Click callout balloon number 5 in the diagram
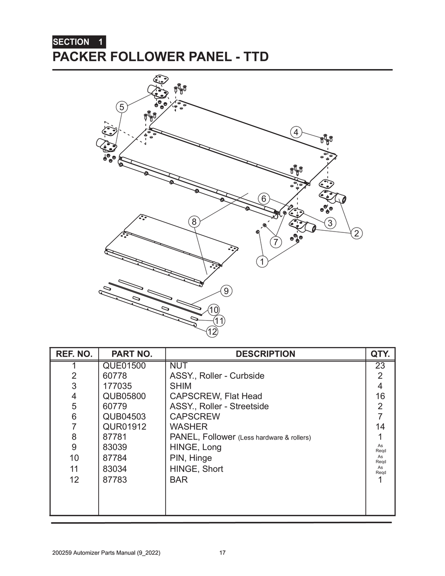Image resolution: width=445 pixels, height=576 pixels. (x=122, y=107)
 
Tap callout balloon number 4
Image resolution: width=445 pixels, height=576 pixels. (x=296, y=132)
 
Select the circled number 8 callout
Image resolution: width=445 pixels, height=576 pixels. (x=194, y=222)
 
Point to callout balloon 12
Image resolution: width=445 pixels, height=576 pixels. (x=212, y=331)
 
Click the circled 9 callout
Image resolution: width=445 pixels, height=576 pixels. (x=226, y=291)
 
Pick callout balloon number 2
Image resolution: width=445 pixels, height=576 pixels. (x=357, y=233)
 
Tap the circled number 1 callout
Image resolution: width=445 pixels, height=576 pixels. (x=262, y=262)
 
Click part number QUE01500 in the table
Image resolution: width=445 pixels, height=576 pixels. (x=124, y=365)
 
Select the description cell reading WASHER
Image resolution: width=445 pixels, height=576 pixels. (x=189, y=427)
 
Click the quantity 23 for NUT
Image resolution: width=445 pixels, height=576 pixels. (x=380, y=365)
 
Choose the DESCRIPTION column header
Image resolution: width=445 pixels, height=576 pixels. (x=265, y=354)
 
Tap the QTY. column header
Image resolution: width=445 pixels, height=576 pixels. (x=380, y=354)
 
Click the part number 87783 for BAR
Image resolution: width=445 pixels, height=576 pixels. (x=115, y=480)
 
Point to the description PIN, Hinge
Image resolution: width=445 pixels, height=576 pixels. (x=191, y=458)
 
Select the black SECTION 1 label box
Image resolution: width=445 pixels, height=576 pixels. (x=79, y=42)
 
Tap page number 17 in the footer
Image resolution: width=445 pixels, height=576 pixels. (x=222, y=553)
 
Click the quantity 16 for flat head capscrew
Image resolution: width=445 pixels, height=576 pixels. (x=380, y=396)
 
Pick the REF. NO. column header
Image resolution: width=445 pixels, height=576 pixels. (x=74, y=354)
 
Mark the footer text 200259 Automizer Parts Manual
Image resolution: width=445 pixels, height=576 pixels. (x=106, y=553)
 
